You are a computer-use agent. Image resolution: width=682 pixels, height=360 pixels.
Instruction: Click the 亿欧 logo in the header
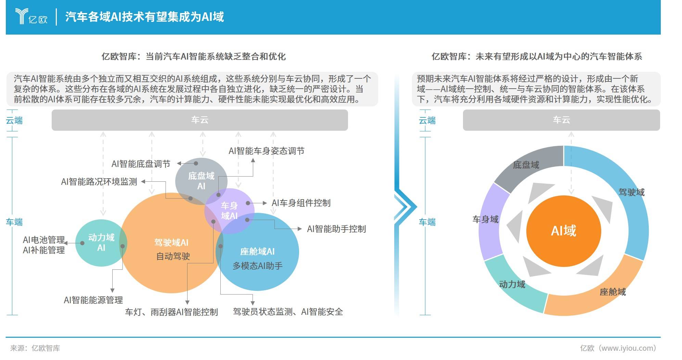click(x=31, y=16)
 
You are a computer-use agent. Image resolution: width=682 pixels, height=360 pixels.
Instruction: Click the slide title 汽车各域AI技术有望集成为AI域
click(x=144, y=17)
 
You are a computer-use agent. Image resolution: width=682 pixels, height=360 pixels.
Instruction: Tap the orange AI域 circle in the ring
click(x=563, y=231)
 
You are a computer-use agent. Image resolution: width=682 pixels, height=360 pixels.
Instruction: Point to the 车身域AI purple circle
click(x=229, y=210)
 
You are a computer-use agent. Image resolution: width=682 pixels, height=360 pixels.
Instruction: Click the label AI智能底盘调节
click(x=141, y=164)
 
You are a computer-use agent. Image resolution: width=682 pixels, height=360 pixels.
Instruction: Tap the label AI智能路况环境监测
click(x=99, y=182)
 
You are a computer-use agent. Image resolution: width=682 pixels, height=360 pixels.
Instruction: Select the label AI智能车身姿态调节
click(x=266, y=151)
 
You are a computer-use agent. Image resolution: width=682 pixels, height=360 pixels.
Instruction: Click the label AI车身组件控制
click(x=301, y=203)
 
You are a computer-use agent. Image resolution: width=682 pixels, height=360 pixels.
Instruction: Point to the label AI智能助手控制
click(x=336, y=229)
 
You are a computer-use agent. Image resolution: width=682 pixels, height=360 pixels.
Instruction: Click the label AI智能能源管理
click(x=93, y=300)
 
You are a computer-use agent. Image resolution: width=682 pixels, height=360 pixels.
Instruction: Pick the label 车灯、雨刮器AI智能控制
click(x=171, y=312)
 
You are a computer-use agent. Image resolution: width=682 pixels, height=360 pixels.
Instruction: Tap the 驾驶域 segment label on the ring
click(x=631, y=192)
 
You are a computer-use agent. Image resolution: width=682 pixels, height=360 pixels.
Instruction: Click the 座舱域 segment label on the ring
click(x=613, y=292)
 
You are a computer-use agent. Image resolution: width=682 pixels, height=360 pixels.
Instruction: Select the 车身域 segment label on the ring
click(x=485, y=219)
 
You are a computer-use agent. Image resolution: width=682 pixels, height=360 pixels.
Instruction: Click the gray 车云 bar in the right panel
click(x=561, y=120)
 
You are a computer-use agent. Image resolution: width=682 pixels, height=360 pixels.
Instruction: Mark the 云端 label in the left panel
click(x=14, y=120)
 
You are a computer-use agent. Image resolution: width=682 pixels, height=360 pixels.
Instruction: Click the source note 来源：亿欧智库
click(x=35, y=348)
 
